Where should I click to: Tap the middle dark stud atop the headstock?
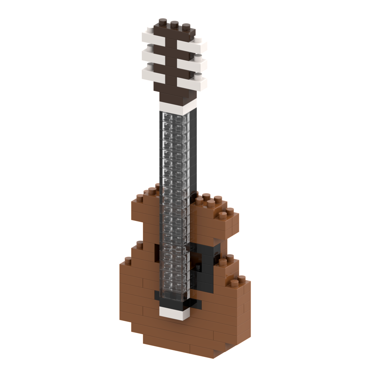tap(174, 24)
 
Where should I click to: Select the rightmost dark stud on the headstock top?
tap(186, 26)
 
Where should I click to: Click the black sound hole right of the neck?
tap(205, 265)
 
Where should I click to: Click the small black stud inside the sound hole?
tap(199, 267)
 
